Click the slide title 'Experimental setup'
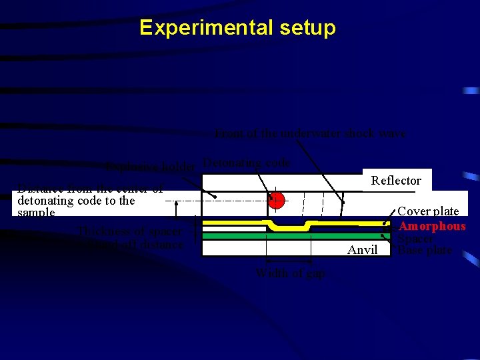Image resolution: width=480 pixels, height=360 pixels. pyautogui.click(x=238, y=28)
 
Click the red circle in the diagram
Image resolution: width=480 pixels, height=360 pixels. pyautogui.click(x=277, y=200)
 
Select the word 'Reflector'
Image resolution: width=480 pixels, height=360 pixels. pyautogui.click(x=396, y=181)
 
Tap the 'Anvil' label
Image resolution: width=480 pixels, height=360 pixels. pyautogui.click(x=363, y=250)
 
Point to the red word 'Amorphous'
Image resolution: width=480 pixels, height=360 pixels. pyautogui.click(x=432, y=227)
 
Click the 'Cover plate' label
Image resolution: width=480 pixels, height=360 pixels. pyautogui.click(x=428, y=211)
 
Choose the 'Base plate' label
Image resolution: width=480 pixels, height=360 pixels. pyautogui.click(x=425, y=251)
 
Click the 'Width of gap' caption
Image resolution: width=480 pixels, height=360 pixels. pyautogui.click(x=291, y=273)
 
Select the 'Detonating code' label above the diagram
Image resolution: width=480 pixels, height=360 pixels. pyautogui.click(x=247, y=163)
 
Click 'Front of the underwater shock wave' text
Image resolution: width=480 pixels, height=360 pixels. pyautogui.click(x=311, y=133)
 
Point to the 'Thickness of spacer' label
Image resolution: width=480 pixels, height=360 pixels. pyautogui.click(x=129, y=232)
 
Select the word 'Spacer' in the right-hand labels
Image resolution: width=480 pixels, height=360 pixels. pyautogui.click(x=415, y=239)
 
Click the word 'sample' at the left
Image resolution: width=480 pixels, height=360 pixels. pyautogui.click(x=36, y=213)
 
